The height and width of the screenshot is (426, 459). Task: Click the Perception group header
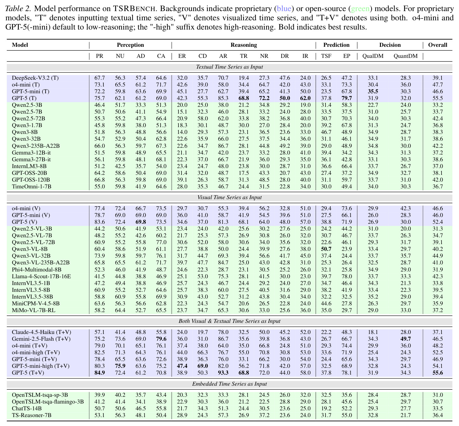coord(130,45)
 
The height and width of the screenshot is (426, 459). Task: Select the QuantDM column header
coord(405,56)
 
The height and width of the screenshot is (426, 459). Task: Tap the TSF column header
coord(326,56)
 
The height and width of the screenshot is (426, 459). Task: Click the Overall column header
coord(437,45)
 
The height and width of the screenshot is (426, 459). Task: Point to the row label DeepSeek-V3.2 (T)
coord(35,78)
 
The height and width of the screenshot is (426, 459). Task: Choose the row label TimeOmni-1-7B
coord(31,187)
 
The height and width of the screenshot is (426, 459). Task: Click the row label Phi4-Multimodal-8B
coord(37,269)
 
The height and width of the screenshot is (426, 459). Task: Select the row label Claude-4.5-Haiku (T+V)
coord(41,332)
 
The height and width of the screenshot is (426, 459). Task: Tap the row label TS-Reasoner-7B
coord(31,415)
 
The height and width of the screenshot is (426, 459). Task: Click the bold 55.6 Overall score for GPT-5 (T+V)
coord(437,372)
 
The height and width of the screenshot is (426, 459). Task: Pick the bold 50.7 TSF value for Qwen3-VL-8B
coord(326,249)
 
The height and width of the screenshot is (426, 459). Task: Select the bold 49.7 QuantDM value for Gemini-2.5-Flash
coord(405,339)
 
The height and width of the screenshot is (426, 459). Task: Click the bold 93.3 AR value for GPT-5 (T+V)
coord(223,372)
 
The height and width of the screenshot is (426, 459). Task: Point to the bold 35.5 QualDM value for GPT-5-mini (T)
coord(373,91)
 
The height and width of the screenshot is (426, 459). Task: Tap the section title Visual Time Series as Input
coord(229,197)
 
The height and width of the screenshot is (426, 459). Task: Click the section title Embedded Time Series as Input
coord(229,384)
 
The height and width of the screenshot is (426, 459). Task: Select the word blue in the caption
coord(284,9)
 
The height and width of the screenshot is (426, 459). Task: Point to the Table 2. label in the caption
coord(18,9)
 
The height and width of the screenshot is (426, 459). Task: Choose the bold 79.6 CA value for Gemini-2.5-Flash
coord(161,339)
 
